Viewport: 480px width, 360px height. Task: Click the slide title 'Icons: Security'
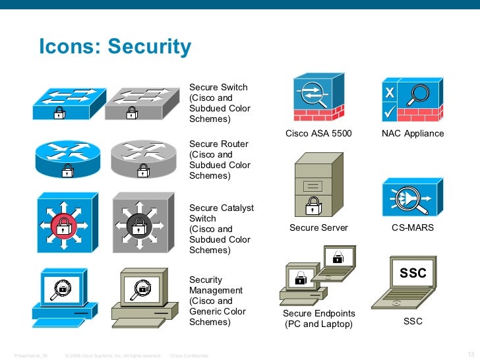[115, 47]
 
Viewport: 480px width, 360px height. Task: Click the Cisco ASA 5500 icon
[318, 99]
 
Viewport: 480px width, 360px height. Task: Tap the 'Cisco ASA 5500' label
[318, 134]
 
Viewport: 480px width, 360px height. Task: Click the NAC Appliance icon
[413, 99]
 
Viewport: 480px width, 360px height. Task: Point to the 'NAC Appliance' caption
[413, 134]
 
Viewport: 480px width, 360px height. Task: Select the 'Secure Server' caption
[318, 228]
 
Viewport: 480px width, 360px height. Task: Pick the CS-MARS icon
[413, 197]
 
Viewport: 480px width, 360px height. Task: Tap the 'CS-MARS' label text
[413, 228]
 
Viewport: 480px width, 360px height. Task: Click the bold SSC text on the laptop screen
[413, 273]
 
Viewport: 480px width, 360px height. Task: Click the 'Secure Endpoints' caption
[318, 313]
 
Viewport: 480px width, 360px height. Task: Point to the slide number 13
[470, 349]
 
